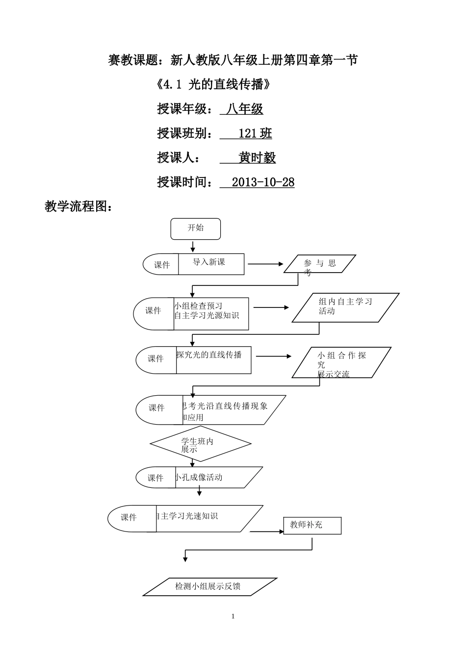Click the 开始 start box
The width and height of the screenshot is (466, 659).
pos(196,228)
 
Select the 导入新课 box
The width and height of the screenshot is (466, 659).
pos(211,264)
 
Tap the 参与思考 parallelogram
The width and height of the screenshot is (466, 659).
pos(320,264)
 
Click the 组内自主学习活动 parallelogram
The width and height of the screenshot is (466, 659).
pos(345,307)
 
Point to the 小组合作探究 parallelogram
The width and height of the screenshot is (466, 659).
pos(341,363)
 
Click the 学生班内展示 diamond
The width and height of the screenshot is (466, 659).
pos(200,444)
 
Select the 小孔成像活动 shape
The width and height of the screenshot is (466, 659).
pos(216,477)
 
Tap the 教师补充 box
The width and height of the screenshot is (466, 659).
pos(312,526)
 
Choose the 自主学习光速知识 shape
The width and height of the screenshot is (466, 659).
pos(206,518)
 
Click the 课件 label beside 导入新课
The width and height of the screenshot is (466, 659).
pos(161,265)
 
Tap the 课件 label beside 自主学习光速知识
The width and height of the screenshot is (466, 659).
pos(129,517)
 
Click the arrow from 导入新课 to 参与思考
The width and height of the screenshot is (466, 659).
pos(265,264)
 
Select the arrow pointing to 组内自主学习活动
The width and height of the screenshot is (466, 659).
pos(271,307)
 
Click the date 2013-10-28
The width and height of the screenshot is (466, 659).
pos(263,182)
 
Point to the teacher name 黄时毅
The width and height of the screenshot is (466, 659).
pos(257,158)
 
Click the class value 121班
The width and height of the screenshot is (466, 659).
pos(255,133)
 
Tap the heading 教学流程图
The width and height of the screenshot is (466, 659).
pos(78,206)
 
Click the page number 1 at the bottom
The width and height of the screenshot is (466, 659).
pos(233,616)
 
